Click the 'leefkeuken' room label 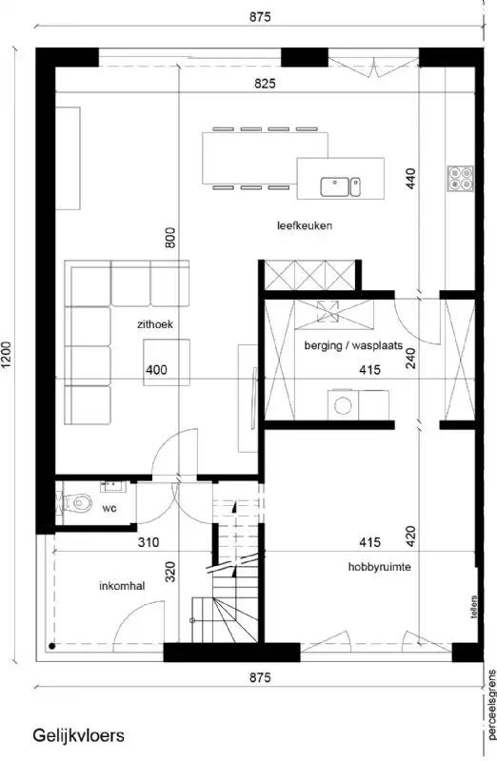click(304, 225)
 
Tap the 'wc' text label click(109, 508)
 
